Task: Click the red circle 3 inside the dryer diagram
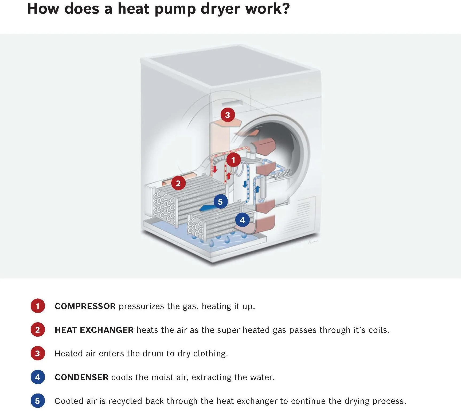pyautogui.click(x=227, y=115)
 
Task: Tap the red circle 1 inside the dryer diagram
pyautogui.click(x=233, y=160)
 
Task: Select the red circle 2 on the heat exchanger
pyautogui.click(x=178, y=183)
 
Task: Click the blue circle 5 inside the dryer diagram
pyautogui.click(x=220, y=202)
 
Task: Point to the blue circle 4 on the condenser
pyautogui.click(x=242, y=220)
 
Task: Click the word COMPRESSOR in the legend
pyautogui.click(x=85, y=306)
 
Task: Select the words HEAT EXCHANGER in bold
pyautogui.click(x=94, y=330)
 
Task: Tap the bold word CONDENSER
pyautogui.click(x=81, y=377)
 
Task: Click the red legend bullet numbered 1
pyautogui.click(x=38, y=306)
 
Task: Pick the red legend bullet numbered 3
pyautogui.click(x=38, y=353)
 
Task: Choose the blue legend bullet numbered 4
pyautogui.click(x=38, y=377)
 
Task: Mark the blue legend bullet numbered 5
pyautogui.click(x=38, y=401)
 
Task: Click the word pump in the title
pyautogui.click(x=175, y=9)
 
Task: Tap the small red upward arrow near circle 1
pyautogui.click(x=229, y=176)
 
